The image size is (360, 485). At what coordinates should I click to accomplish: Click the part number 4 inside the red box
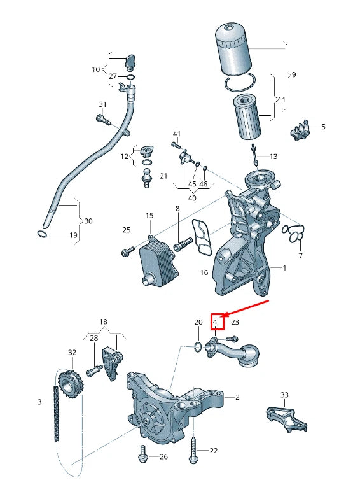pos(216,323)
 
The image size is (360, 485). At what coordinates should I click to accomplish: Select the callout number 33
pos(284,395)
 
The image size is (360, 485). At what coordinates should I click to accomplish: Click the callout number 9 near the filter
pos(293,75)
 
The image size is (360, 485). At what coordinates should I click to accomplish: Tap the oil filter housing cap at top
pos(233,48)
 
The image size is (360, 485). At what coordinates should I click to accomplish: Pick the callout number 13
pos(273,156)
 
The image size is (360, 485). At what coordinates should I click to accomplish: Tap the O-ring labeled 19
pos(41,235)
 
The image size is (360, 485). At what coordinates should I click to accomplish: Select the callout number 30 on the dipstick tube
pos(88,221)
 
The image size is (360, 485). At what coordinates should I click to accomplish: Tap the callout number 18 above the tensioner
pos(103,323)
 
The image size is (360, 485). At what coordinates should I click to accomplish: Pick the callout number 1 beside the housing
pos(284,268)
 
